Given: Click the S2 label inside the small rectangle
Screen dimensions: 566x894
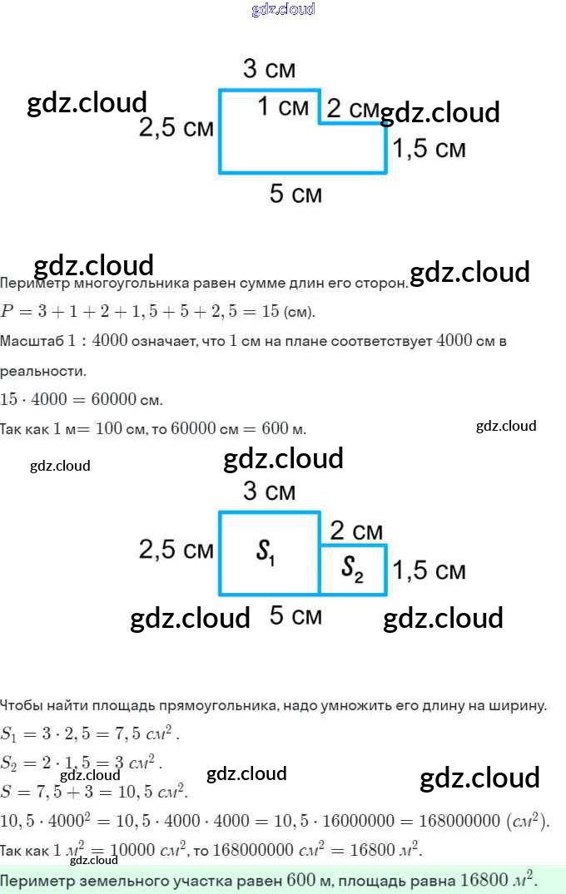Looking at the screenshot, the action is tap(353, 568).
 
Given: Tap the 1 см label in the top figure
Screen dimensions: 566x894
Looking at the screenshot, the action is tap(283, 106).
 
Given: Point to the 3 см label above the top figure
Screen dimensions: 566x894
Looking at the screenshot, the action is tap(269, 69).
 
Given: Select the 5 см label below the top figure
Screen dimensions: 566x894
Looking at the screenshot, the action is tap(295, 194).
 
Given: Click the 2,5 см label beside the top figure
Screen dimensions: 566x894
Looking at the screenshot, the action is tap(176, 128).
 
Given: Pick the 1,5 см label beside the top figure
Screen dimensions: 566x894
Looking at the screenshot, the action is tap(429, 149).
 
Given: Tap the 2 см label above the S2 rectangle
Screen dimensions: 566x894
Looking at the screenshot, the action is tap(356, 531).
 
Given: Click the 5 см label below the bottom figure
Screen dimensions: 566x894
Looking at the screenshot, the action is tap(295, 616).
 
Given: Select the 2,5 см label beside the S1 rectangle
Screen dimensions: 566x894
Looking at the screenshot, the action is tap(176, 550).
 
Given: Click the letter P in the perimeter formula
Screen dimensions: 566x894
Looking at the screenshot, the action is tap(8, 313).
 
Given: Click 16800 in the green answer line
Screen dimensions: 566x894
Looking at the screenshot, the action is tap(484, 879).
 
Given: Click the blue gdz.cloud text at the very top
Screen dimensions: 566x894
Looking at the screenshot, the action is tap(283, 9).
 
